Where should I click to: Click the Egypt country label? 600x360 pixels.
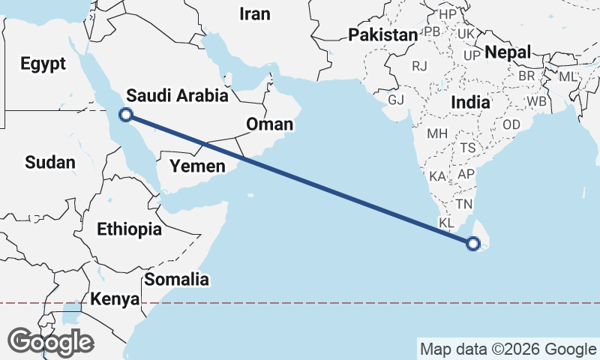pos(43,64)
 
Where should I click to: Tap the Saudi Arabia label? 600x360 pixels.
pos(177,95)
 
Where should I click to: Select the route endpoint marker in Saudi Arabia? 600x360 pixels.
pos(127,115)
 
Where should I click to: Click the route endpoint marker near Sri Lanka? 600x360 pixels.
pos(473,243)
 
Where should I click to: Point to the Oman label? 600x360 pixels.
pos(269,124)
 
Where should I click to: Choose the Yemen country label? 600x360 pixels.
pos(197,166)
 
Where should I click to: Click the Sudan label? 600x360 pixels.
pos(50,162)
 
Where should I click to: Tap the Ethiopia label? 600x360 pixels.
pos(129,229)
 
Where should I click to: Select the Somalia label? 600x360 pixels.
pos(176,280)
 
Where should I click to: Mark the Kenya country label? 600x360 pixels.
pos(115,299)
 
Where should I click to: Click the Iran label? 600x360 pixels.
pos(253,13)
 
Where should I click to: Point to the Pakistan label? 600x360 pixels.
pos(382,35)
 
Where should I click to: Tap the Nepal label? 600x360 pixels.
pos(508,52)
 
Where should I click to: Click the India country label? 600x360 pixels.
pos(470,101)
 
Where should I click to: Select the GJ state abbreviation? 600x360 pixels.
pos(396,99)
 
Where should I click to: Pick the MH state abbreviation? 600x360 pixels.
pos(436,134)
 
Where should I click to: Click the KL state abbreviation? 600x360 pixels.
pos(446,223)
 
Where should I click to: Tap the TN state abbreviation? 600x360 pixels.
pos(465,204)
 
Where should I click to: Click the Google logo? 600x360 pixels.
pos(50,342)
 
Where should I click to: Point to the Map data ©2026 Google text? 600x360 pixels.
pos(508,349)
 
